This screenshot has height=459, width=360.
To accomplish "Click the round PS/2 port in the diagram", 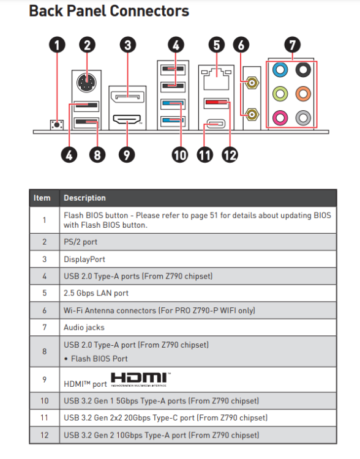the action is [x=86, y=83].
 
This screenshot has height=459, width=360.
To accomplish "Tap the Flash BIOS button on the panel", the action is [x=57, y=125].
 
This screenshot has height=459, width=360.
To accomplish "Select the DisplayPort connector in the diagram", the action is [x=127, y=97].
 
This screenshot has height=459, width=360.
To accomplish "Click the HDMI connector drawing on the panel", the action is [x=127, y=119].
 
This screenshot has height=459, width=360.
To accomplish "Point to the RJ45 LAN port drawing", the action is [x=217, y=79].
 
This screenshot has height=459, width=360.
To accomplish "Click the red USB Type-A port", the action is [x=217, y=103].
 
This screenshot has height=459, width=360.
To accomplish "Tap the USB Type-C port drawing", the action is [x=216, y=124].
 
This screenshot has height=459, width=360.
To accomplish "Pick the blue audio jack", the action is [x=280, y=70].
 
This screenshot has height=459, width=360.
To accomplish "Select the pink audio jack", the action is [x=280, y=118].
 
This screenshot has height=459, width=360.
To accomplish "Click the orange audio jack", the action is [x=303, y=94].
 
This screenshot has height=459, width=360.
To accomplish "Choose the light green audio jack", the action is [x=280, y=94].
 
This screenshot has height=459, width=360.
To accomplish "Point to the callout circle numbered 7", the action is [x=292, y=45].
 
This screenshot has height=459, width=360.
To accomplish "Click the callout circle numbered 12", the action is [x=230, y=155].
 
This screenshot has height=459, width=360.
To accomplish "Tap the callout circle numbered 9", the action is [x=127, y=155].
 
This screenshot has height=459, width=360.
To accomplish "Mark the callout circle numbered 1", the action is [x=57, y=45].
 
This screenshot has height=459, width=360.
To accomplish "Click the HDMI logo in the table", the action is [x=141, y=379].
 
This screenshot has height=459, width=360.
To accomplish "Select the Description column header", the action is [x=84, y=198].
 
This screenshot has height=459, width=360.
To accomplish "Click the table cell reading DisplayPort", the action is [x=84, y=259].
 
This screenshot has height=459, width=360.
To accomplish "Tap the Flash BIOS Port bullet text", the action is [x=99, y=359].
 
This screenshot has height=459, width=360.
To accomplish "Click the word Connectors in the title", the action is [x=149, y=11].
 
